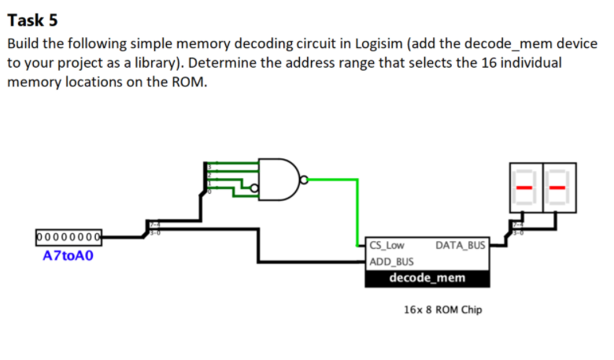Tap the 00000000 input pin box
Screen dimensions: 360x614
point(68,236)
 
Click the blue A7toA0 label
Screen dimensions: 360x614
point(68,255)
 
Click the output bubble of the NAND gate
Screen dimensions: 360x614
point(304,180)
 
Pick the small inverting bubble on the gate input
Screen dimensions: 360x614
point(254,187)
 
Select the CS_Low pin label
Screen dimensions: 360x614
point(387,246)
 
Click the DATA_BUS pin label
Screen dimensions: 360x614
point(460,246)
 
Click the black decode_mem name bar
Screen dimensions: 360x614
point(427,278)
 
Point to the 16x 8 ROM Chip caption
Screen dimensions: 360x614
point(442,310)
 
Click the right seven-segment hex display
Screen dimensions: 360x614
point(560,187)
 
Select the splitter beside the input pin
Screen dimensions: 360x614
point(149,228)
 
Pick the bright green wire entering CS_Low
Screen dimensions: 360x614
point(358,213)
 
